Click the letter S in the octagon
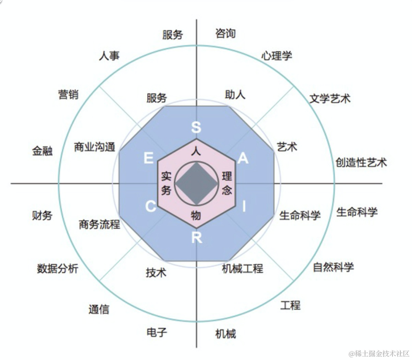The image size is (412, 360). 196,127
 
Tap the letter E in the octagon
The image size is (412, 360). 148,158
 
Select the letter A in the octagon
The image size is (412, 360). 243,158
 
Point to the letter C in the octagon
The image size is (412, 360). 151,207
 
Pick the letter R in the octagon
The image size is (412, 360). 196,238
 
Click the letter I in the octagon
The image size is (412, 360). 244,207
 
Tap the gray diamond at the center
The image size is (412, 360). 196,183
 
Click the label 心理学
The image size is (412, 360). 277,56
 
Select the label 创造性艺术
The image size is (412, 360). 361,163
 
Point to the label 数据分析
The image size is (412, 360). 58,268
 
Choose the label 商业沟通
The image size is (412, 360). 95,147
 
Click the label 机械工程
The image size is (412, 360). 243,268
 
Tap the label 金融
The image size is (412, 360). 42,151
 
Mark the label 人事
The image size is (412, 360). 109,56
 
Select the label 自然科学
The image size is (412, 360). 333,267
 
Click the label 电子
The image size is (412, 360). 157,332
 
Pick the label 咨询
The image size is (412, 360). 225,34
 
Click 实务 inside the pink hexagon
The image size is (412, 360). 166,183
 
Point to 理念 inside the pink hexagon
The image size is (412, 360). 227,183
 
